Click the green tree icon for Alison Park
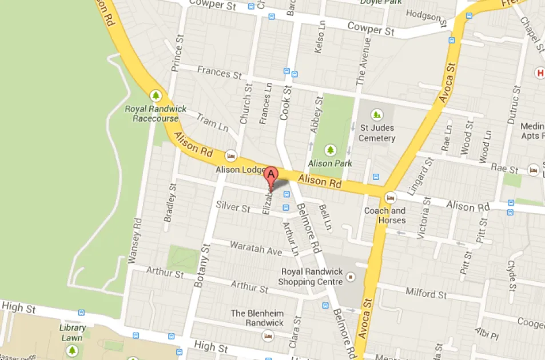(330, 150)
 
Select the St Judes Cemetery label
(377, 133)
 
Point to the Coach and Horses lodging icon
(391, 197)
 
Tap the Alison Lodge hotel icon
(231, 155)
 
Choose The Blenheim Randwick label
(257, 318)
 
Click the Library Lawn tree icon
(72, 350)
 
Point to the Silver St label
(233, 207)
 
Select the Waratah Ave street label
(256, 248)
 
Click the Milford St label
(426, 294)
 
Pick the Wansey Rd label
(134, 240)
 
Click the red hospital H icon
(539, 73)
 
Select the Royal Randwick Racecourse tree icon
(155, 95)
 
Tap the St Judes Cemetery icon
(376, 114)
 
